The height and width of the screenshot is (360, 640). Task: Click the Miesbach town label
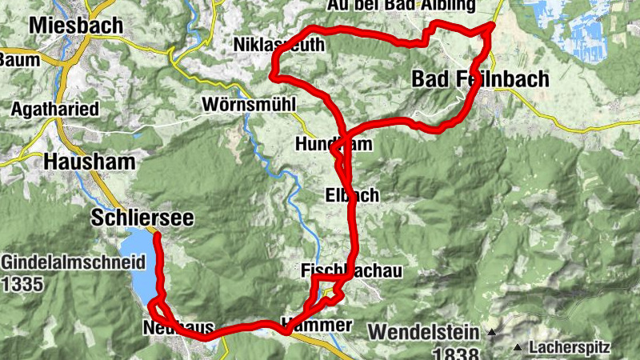coord(76,26)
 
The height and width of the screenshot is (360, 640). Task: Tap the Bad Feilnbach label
coord(481,78)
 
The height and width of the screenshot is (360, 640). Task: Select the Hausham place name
coord(89,162)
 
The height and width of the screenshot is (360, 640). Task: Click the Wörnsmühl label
coord(249,105)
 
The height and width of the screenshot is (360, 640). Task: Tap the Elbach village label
coord(352,195)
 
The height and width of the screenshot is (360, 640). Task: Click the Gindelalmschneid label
coord(73,262)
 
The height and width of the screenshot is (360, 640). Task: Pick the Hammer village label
coord(317,326)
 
